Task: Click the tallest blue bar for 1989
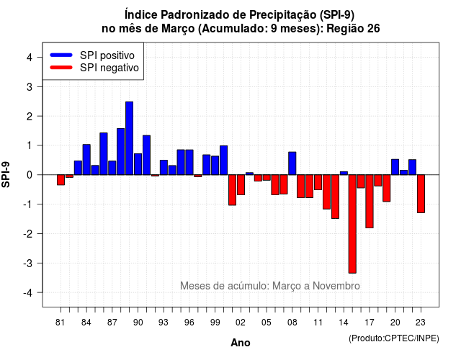point(130,138)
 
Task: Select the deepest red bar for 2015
point(352,224)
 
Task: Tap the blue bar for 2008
point(292,163)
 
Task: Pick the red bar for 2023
point(421,194)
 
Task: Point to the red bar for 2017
point(370,202)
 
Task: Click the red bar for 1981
point(61,180)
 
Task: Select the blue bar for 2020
point(395,167)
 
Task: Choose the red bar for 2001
point(232,190)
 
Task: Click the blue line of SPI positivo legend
point(61,55)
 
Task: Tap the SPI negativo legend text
point(109,68)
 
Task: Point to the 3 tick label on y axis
point(30,86)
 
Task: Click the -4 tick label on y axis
point(28,293)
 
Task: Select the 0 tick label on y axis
point(30,175)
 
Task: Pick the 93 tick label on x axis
point(164,323)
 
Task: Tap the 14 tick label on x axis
point(344,323)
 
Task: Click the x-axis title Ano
point(241,343)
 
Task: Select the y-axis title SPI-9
point(6,174)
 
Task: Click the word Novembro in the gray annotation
point(336,286)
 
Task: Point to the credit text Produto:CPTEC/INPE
point(394,338)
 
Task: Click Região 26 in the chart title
point(353,29)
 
